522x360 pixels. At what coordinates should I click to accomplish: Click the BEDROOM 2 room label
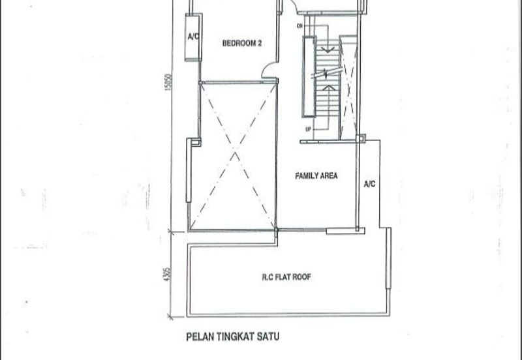tap(241, 43)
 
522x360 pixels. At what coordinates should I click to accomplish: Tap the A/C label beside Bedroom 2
tap(193, 37)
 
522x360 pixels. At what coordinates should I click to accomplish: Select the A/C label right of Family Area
tap(369, 184)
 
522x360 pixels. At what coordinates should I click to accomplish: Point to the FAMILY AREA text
tap(316, 175)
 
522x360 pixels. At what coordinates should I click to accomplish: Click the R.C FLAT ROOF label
tap(286, 277)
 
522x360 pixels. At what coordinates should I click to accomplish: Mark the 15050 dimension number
tap(168, 82)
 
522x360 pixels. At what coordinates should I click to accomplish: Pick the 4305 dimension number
tap(168, 274)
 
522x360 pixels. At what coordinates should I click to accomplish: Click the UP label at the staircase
tap(308, 129)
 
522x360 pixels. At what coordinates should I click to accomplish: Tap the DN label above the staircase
tap(299, 25)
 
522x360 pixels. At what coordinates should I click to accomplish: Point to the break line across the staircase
tap(327, 73)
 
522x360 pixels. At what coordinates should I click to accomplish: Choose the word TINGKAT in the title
tap(236, 337)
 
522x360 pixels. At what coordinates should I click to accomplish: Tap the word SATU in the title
tap(268, 337)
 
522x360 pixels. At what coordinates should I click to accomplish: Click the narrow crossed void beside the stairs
tap(348, 87)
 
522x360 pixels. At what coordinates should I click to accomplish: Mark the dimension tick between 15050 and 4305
tap(171, 232)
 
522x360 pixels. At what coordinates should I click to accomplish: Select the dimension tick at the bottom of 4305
tap(171, 317)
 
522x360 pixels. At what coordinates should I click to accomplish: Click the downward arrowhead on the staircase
tap(328, 50)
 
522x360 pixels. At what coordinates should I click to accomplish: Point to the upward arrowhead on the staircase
tap(328, 88)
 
